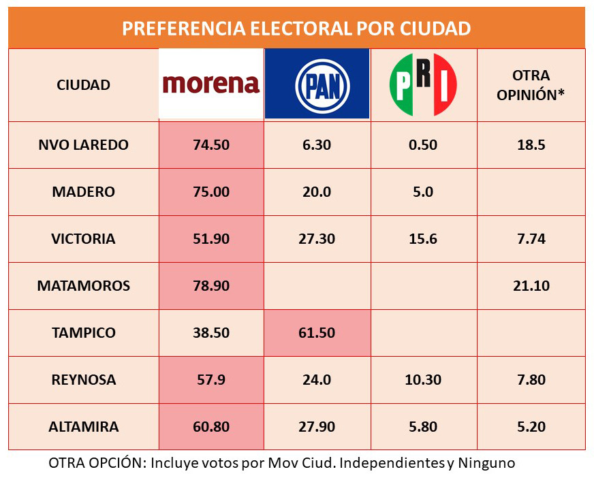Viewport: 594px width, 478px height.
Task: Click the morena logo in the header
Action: (211, 84)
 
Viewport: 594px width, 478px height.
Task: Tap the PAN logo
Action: (317, 84)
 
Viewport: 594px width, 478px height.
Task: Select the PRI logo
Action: (423, 84)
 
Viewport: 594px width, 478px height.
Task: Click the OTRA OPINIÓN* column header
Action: (531, 85)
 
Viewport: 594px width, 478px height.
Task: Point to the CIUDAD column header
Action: (83, 85)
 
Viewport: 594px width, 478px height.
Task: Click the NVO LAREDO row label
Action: (83, 145)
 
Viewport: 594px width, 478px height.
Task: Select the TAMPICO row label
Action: (83, 333)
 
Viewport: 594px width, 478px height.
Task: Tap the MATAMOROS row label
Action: (83, 286)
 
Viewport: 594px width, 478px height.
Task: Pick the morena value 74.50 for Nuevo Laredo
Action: (211, 145)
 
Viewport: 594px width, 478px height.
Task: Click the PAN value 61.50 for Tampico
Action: (317, 333)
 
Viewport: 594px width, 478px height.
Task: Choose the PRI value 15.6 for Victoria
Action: (423, 239)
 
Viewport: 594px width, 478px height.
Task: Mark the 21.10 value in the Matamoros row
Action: (531, 286)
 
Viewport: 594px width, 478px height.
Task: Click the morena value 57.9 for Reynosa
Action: (211, 380)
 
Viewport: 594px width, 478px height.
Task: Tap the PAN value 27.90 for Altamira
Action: (317, 427)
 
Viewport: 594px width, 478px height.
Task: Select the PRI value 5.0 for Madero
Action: (423, 192)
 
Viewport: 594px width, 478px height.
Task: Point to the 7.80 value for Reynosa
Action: (531, 380)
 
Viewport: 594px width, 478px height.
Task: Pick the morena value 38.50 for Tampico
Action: (211, 333)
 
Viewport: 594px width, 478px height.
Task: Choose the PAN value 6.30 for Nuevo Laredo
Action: (317, 145)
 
